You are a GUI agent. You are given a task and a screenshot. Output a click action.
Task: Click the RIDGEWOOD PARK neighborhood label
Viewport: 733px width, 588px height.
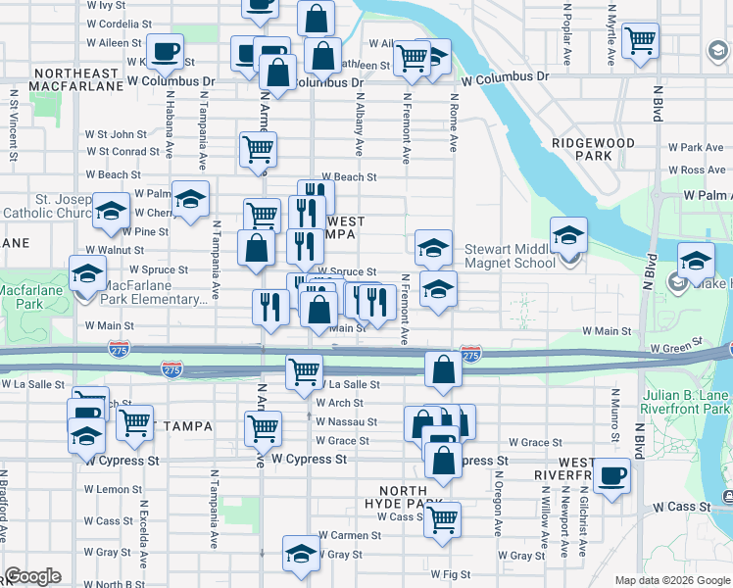(x=593, y=149)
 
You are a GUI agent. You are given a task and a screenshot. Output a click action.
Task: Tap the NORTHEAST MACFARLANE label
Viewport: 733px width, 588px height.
(x=76, y=80)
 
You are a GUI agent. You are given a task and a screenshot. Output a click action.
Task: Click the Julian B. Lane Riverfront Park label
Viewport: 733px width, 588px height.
(x=687, y=402)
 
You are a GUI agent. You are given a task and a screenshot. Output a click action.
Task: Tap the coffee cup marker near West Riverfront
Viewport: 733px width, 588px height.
(x=612, y=477)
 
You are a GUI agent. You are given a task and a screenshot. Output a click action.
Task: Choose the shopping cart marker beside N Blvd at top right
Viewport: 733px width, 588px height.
(x=641, y=41)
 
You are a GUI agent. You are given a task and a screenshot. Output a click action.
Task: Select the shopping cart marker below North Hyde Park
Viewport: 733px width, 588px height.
(x=443, y=518)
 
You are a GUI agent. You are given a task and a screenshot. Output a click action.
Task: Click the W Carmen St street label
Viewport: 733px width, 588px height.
(x=350, y=535)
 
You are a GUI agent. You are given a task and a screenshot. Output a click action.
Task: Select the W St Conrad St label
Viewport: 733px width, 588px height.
(x=122, y=152)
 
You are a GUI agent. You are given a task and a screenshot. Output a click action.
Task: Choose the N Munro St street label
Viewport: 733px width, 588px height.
(x=614, y=413)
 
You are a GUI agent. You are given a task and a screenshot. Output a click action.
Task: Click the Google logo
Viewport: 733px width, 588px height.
(x=32, y=576)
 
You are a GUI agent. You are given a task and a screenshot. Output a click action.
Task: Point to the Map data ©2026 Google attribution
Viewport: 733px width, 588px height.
(x=672, y=580)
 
